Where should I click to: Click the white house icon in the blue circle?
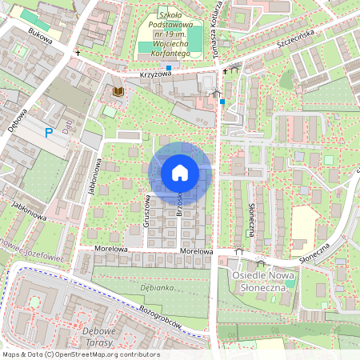[180, 172]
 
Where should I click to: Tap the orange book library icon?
[118, 92]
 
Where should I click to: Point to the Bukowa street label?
[38, 36]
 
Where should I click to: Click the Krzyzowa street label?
[155, 73]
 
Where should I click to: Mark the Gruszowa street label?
[147, 210]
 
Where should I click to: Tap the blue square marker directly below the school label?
[169, 67]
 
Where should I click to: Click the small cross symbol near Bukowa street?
[78, 52]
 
